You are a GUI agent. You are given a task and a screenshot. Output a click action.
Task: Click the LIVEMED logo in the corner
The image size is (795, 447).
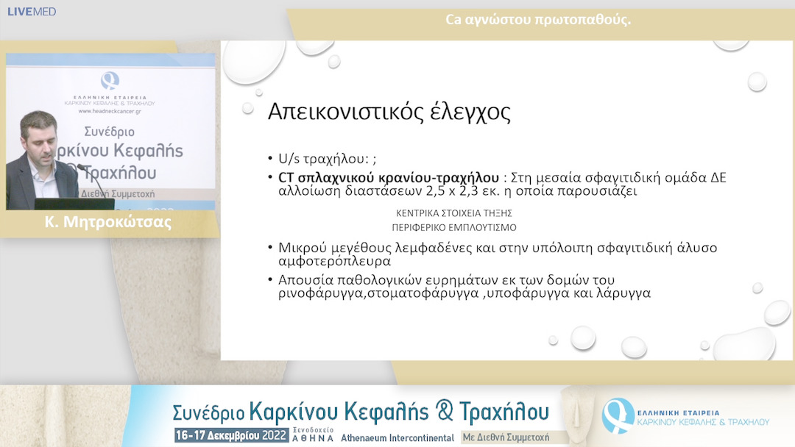point(31,12)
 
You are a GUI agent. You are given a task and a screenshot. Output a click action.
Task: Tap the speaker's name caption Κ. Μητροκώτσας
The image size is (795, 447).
point(108,223)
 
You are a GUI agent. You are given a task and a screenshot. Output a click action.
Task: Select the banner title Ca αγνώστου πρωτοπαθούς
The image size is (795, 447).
point(538,20)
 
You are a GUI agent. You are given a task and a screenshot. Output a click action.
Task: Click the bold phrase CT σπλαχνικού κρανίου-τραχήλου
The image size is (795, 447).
point(387,177)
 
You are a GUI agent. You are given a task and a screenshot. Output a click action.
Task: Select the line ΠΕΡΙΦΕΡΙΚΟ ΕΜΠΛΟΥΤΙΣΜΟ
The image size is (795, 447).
point(453,227)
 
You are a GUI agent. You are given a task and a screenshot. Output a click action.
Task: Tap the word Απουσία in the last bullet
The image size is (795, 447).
point(303,280)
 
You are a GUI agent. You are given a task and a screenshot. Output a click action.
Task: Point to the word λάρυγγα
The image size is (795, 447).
point(625,294)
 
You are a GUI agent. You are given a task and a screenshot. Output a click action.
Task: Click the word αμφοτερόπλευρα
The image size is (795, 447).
point(334,261)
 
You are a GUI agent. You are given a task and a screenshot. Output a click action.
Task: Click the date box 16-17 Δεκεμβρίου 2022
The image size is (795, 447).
point(230,435)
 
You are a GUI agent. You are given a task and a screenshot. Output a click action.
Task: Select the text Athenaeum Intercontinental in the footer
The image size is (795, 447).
point(397,437)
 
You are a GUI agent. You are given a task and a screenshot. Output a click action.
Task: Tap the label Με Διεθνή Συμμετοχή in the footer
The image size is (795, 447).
point(505,437)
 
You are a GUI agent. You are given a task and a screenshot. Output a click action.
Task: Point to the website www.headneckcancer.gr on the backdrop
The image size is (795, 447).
point(110,112)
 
